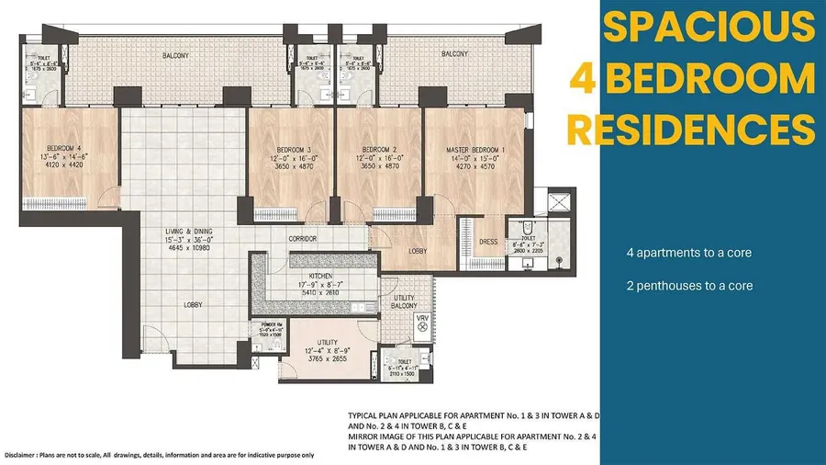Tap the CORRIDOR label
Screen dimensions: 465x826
(x=303, y=239)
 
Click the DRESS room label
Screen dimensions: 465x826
(x=489, y=243)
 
